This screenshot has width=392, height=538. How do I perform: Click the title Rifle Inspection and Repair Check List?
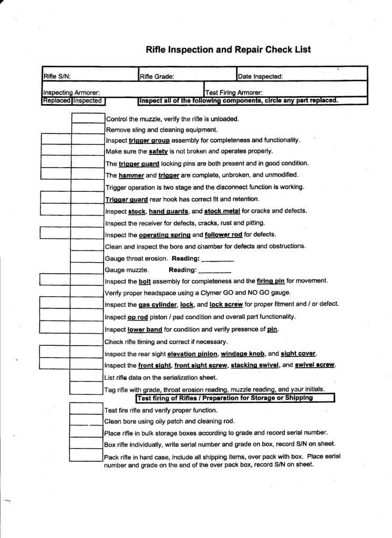pyautogui.click(x=228, y=50)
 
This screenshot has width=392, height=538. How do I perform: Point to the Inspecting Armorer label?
pyautogui.click(x=71, y=93)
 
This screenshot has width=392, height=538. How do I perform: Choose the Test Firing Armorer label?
pyautogui.click(x=234, y=93)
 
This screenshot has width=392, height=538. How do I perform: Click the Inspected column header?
pyautogui.click(x=88, y=100)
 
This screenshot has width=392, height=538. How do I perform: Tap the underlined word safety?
pyautogui.click(x=158, y=151)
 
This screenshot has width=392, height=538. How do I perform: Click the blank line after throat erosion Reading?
pyautogui.click(x=218, y=260)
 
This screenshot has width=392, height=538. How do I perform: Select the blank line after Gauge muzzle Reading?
pyautogui.click(x=215, y=271)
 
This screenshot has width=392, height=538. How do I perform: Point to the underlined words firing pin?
pyautogui.click(x=271, y=281)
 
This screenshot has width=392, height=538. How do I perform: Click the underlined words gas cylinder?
pyautogui.click(x=158, y=305)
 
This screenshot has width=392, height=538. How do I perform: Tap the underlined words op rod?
pyautogui.click(x=138, y=317)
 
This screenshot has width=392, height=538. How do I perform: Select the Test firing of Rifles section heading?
pyautogui.click(x=225, y=398)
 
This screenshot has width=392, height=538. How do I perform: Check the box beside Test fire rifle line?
pyautogui.click(x=87, y=410)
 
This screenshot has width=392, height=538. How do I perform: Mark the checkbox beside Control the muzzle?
pyautogui.click(x=88, y=118)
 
